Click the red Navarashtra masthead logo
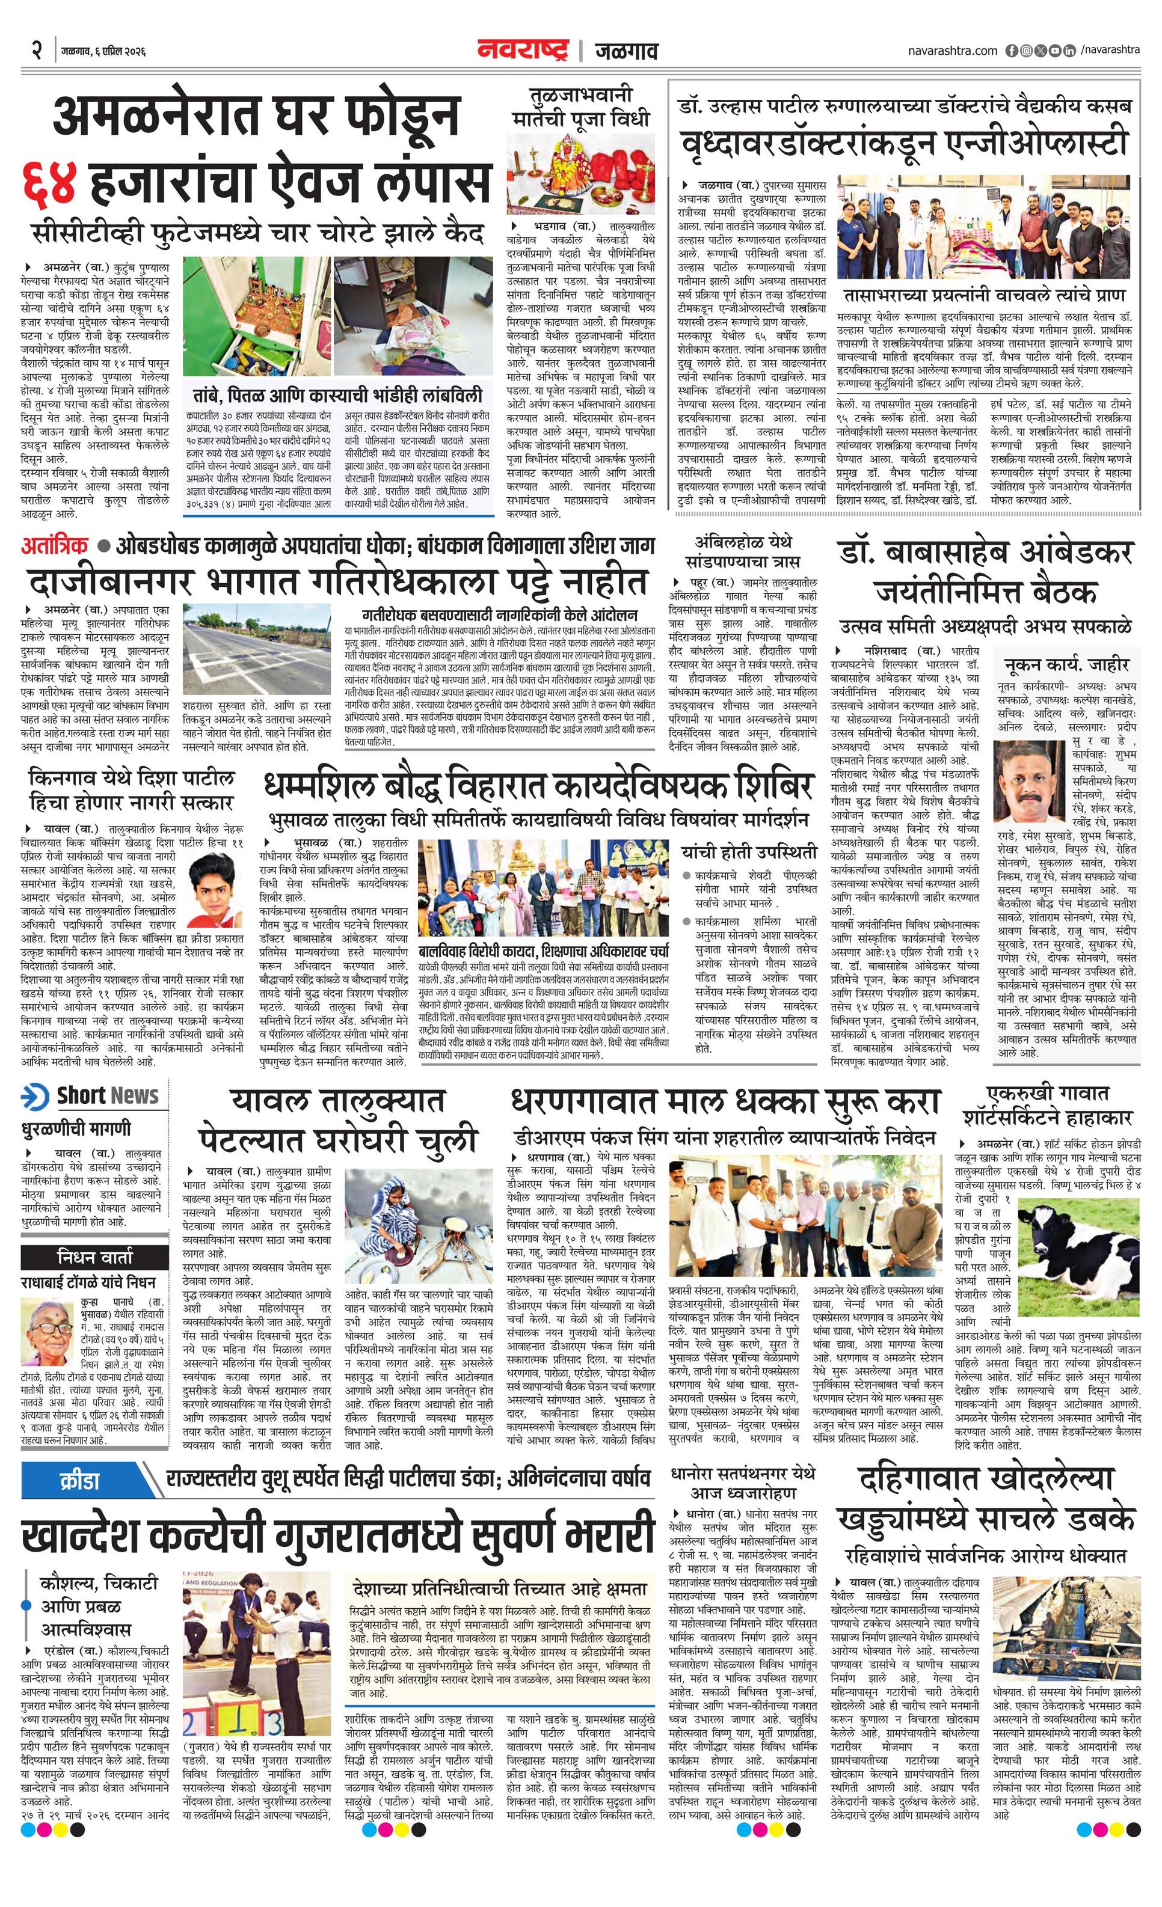coord(523,51)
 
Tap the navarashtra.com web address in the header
coord(953,51)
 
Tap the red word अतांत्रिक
coord(55,546)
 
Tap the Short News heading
coord(108,1096)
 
